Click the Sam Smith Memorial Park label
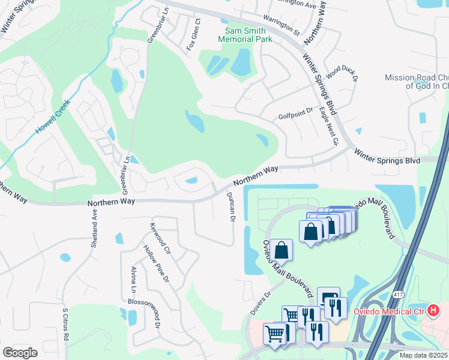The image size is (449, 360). click(248, 35)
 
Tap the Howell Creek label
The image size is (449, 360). click(53, 116)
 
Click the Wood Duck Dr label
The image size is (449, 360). click(342, 74)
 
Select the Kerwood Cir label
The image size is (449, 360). click(161, 237)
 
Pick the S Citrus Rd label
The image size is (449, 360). click(65, 325)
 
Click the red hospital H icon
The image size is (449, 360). click(434, 310)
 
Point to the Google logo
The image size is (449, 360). click(20, 352)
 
